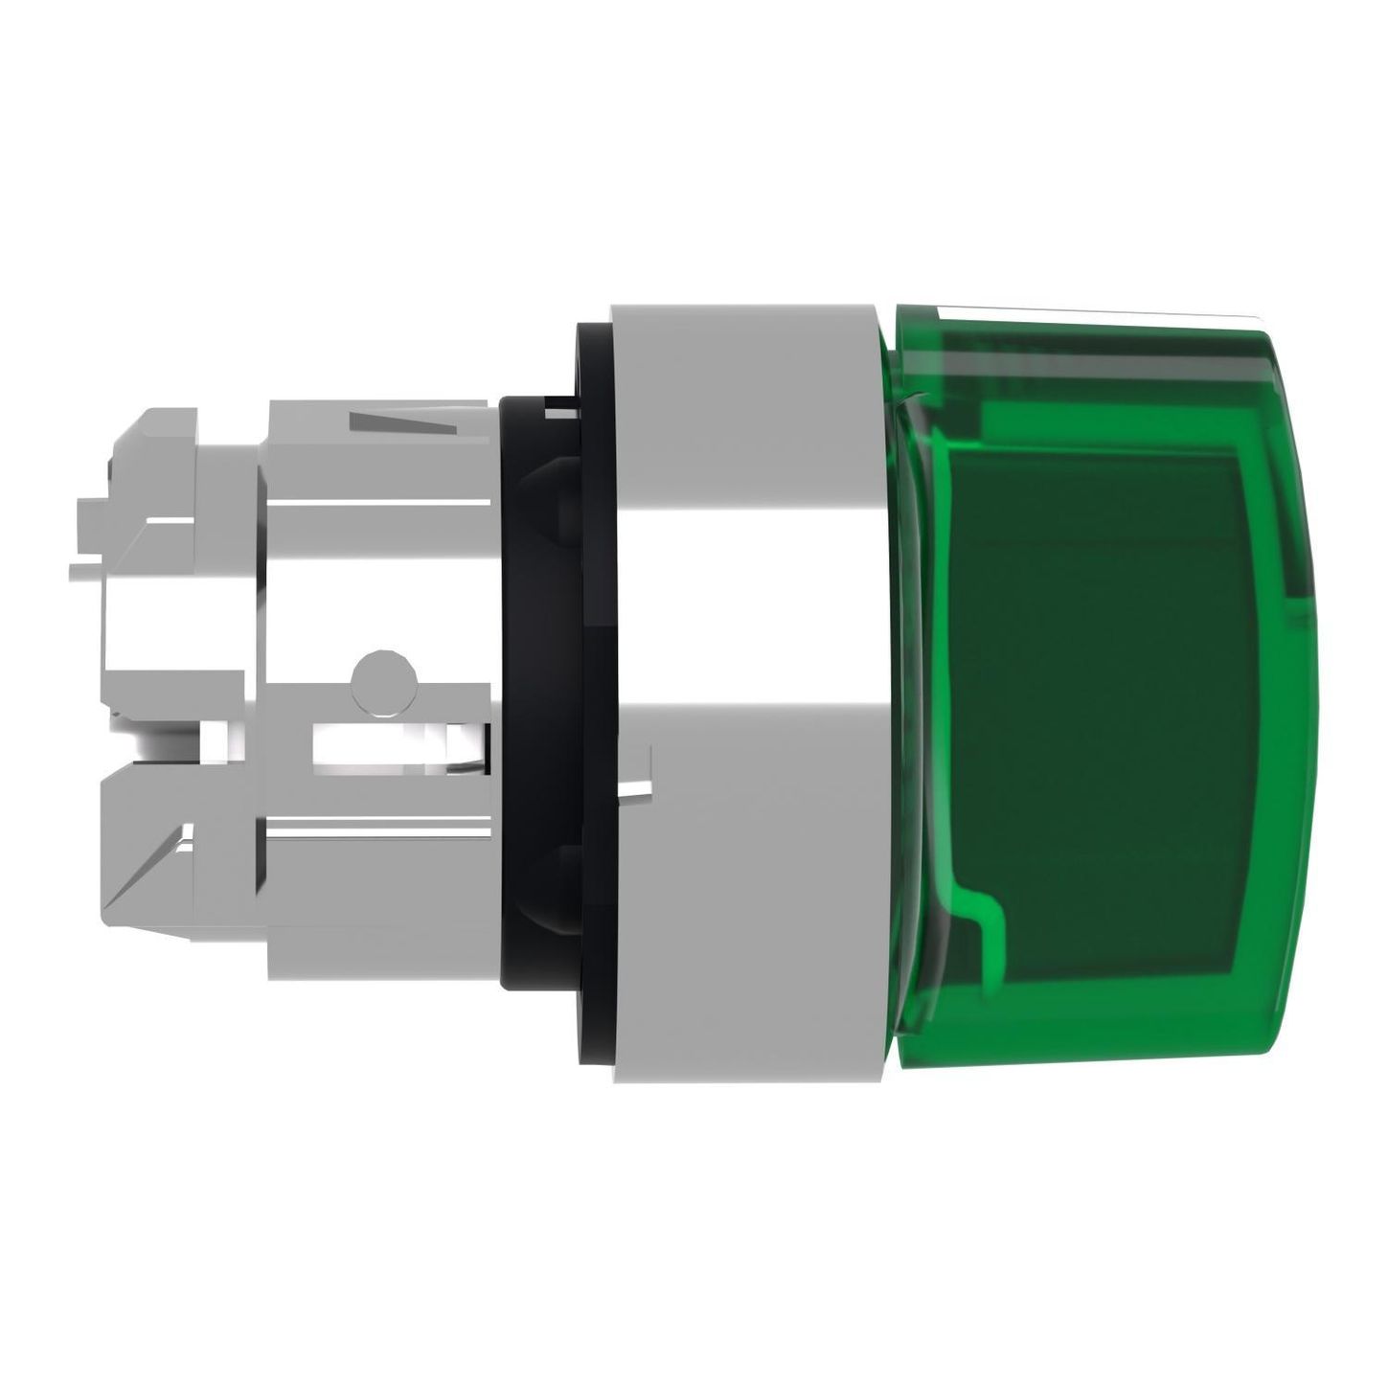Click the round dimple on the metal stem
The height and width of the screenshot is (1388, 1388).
pyautogui.click(x=383, y=681)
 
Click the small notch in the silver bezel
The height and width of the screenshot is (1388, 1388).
pyautogui.click(x=636, y=787)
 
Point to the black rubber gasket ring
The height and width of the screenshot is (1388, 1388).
pyautogui.click(x=536, y=690)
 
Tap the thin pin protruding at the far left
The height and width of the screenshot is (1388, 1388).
pyautogui.click(x=91, y=572)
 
